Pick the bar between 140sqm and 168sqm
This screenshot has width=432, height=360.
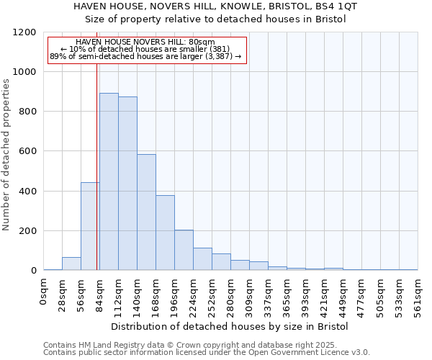click(146, 212)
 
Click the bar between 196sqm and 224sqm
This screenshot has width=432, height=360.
click(184, 250)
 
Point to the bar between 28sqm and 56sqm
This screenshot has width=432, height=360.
click(71, 264)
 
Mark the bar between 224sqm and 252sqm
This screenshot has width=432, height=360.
click(202, 259)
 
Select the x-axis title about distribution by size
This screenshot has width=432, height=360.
click(230, 326)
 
